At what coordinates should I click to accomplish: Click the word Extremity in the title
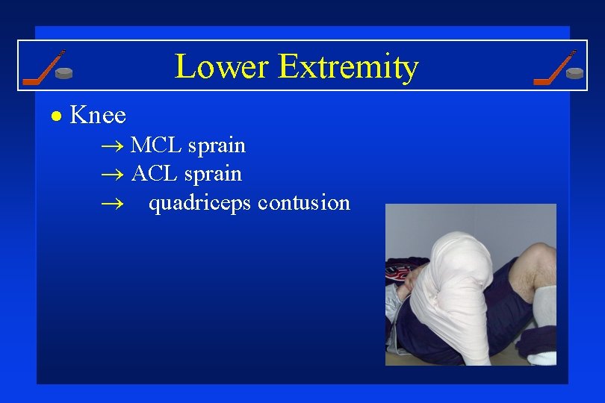pos(347,67)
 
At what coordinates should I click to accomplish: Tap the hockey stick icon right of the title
pos(553,67)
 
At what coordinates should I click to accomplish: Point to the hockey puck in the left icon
pos(66,74)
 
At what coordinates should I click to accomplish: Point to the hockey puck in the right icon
pos(574,73)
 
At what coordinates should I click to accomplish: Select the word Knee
pos(98,116)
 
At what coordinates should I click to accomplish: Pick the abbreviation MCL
pos(156,145)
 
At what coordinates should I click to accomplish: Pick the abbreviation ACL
pos(156,174)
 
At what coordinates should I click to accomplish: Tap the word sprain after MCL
pos(217,146)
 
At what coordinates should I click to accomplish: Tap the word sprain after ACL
pos(214,175)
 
